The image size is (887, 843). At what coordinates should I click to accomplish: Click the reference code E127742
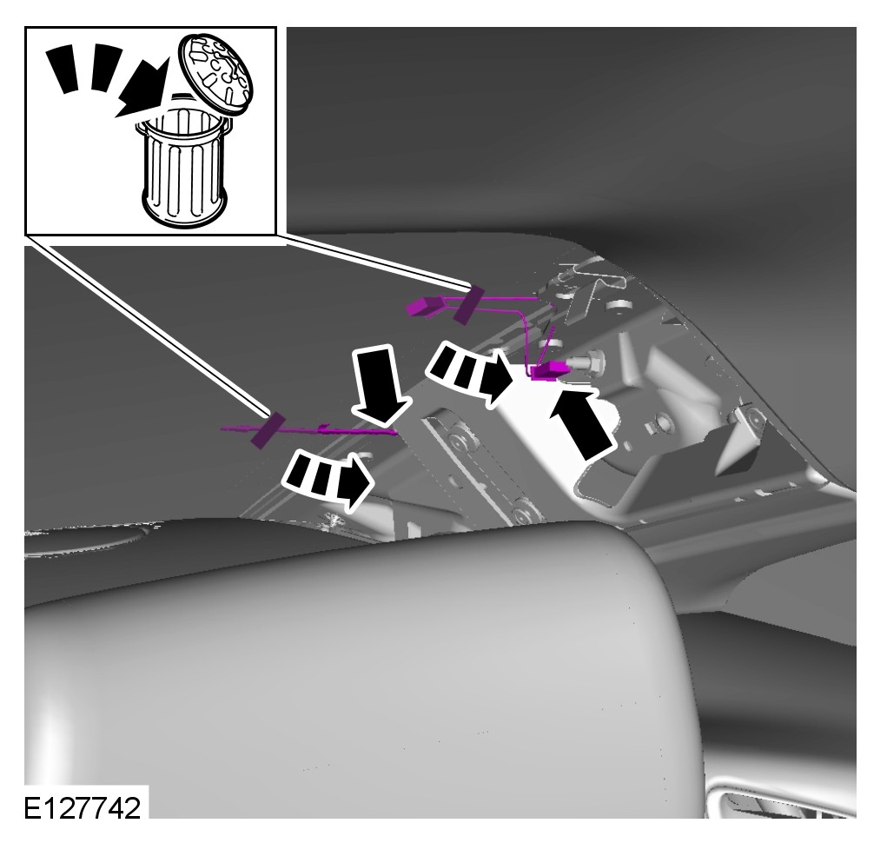coord(82,808)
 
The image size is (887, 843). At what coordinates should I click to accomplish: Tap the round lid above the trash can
coord(215,74)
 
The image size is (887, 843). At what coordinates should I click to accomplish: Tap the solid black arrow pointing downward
coord(378,385)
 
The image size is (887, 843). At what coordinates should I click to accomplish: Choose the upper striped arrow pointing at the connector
coord(472,373)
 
